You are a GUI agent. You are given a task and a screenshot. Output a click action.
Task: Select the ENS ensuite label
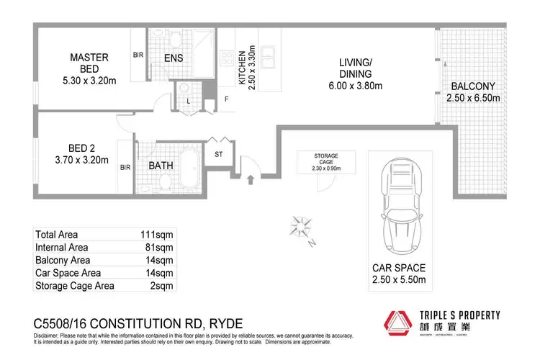click(173, 58)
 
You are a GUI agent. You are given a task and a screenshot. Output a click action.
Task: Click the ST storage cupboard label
click(217, 154)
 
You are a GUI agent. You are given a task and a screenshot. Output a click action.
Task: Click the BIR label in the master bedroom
click(138, 54)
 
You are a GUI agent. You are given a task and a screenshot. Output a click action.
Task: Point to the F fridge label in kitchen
click(226, 99)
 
